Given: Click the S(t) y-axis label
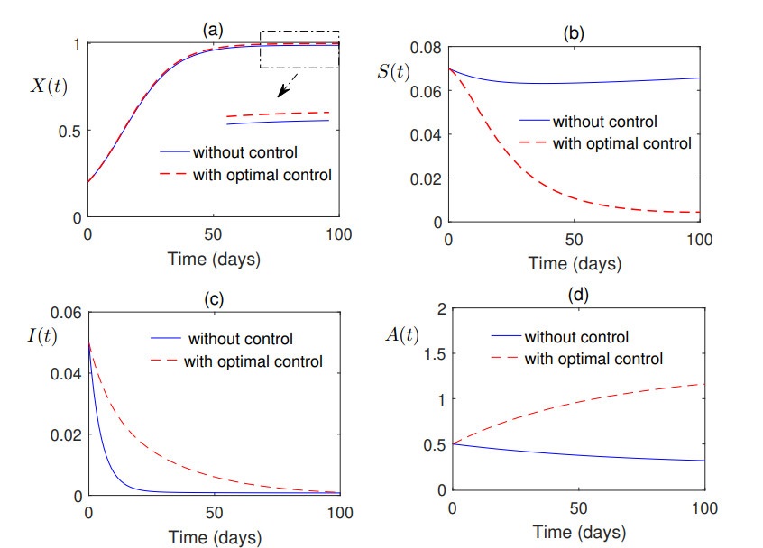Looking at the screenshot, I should point(393,70).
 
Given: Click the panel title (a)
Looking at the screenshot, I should point(213,30).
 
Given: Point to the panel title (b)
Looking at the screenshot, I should point(574,33).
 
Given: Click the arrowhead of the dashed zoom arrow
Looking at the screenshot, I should point(281,92).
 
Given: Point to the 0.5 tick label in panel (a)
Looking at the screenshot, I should point(70,131).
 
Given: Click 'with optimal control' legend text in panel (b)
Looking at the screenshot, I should point(622,142).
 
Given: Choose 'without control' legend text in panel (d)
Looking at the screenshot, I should point(576,337).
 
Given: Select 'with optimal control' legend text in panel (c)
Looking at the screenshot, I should point(253,362).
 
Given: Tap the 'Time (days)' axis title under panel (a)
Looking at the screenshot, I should point(214,260).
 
